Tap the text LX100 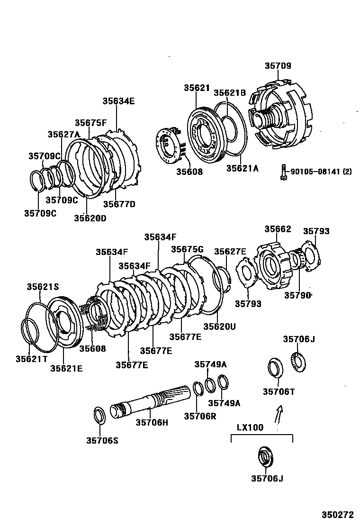coord(250,427)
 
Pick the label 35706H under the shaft coord(152,422)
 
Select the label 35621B coord(230,93)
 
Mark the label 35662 coord(278,229)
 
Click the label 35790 coord(297,295)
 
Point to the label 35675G coord(187,249)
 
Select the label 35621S coord(43,287)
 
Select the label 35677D coord(119,204)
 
